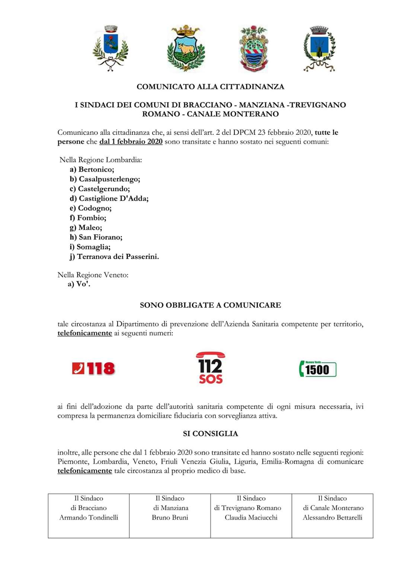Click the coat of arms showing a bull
tap(186, 48)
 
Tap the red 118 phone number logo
tap(93, 368)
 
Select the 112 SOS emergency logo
tap(210, 368)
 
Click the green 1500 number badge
tap(318, 369)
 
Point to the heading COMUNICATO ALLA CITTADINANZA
tap(210, 87)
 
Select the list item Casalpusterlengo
tap(105, 179)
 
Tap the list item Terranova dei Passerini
tap(114, 256)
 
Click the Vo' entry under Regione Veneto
tap(79, 284)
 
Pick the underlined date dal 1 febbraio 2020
tap(131, 141)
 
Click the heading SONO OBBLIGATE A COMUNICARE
tap(210, 305)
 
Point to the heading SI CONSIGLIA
tap(210, 434)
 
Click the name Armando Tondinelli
tap(89, 517)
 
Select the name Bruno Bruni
tap(170, 517)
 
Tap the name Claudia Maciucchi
tap(251, 517)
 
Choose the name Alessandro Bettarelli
tap(332, 517)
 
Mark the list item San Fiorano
tap(96, 237)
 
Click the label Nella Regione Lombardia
tap(100, 160)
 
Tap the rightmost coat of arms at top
tap(319, 48)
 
